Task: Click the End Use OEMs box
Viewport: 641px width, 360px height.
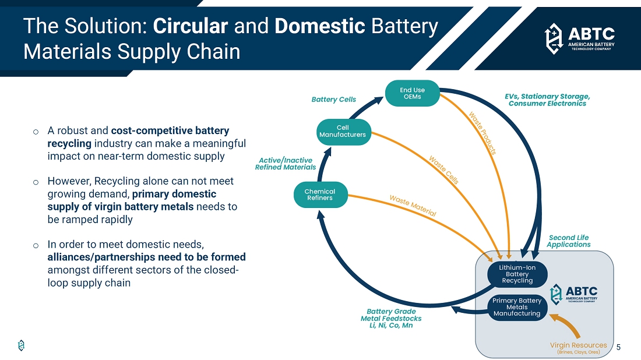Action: tap(412, 93)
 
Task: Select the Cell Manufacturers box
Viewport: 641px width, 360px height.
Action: tap(343, 131)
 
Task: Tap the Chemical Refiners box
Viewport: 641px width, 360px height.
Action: tap(320, 195)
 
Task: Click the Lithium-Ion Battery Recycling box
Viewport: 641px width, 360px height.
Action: tap(517, 273)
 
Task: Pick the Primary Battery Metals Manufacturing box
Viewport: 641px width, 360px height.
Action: tap(517, 307)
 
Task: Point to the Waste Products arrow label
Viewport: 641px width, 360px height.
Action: tap(482, 133)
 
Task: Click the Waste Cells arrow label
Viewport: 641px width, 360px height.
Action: tap(443, 170)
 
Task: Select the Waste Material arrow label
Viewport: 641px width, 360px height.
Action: tap(413, 206)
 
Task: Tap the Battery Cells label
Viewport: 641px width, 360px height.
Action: tap(334, 100)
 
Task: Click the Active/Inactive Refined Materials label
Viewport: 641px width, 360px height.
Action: tap(286, 164)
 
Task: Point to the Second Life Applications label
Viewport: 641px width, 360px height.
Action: tap(568, 241)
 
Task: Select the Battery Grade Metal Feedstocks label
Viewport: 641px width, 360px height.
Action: tap(390, 319)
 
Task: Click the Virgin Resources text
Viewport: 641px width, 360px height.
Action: tap(578, 345)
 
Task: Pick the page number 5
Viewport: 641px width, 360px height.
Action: tap(618, 348)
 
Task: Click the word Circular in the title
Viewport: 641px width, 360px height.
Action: tap(190, 26)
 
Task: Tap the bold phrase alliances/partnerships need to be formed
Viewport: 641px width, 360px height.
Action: tap(146, 257)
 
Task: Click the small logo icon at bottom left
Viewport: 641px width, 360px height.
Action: tap(22, 345)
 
